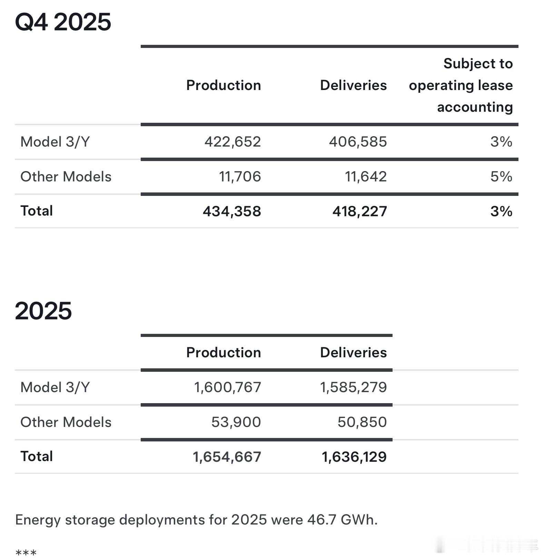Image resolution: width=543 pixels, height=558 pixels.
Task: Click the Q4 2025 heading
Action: pos(63,22)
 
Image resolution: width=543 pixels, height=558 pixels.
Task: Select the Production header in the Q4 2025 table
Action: pos(223,85)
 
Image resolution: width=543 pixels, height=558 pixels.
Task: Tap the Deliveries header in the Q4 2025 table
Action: pos(353,85)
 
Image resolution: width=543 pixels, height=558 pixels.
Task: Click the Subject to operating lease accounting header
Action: pos(461,85)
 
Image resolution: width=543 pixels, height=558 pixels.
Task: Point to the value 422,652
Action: pos(233,142)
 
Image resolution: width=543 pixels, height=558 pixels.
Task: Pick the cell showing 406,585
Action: pos(358,142)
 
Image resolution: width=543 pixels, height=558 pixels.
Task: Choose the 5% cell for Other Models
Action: pos(501,177)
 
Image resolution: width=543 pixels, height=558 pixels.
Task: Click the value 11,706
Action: pos(240,177)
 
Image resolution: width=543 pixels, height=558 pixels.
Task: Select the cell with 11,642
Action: pos(366,177)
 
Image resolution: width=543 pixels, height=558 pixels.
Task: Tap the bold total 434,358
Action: pos(232,211)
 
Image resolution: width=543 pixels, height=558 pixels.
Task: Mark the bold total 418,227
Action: pos(359,211)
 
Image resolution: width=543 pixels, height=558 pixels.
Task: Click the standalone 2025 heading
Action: pos(43,311)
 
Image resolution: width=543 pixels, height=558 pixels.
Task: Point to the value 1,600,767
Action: pos(227,387)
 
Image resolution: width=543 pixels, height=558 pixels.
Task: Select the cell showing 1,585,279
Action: pos(353,387)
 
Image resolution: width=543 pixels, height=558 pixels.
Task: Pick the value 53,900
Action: pos(236,422)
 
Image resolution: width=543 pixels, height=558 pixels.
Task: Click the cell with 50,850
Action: pos(362,422)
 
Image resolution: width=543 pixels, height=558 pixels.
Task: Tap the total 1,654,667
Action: pos(227,457)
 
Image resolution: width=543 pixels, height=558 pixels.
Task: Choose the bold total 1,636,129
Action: pos(354,457)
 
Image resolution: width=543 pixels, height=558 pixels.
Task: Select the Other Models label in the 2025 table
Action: pos(66,422)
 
